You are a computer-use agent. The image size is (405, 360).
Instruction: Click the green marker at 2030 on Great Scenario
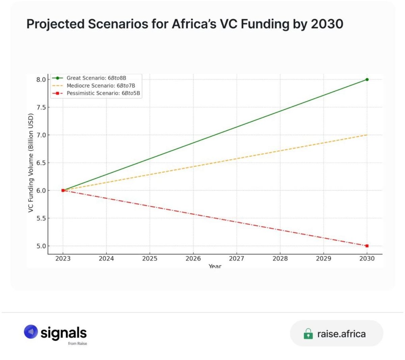coord(367,80)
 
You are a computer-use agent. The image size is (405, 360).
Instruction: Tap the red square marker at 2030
coord(367,246)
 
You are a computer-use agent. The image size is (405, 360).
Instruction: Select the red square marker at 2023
coord(63,190)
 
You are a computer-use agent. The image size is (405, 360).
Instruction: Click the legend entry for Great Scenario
coord(96,78)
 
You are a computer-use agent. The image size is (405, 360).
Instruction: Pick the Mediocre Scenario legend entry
coord(101,86)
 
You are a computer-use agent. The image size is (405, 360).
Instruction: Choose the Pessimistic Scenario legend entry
coord(103,93)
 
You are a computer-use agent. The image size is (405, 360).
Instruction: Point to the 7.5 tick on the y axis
coord(41,107)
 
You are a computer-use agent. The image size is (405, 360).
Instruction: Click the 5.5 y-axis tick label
coord(41,218)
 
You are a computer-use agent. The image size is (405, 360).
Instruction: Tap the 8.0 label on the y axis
coord(41,80)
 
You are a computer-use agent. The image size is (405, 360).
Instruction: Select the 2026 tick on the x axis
coord(193,259)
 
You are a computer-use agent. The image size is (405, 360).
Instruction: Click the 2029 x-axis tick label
coord(323,259)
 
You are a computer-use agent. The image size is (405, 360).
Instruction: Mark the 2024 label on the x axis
coord(106,259)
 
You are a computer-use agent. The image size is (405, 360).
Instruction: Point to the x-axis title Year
coord(215,266)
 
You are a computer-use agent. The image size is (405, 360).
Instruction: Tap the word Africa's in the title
coord(194,24)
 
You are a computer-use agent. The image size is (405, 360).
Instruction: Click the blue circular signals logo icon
coord(31,332)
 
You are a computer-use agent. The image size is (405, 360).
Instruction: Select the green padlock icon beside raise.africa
coord(308,334)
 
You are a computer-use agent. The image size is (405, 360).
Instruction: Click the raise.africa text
coord(341,334)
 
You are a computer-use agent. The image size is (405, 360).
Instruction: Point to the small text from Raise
coord(77,343)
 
